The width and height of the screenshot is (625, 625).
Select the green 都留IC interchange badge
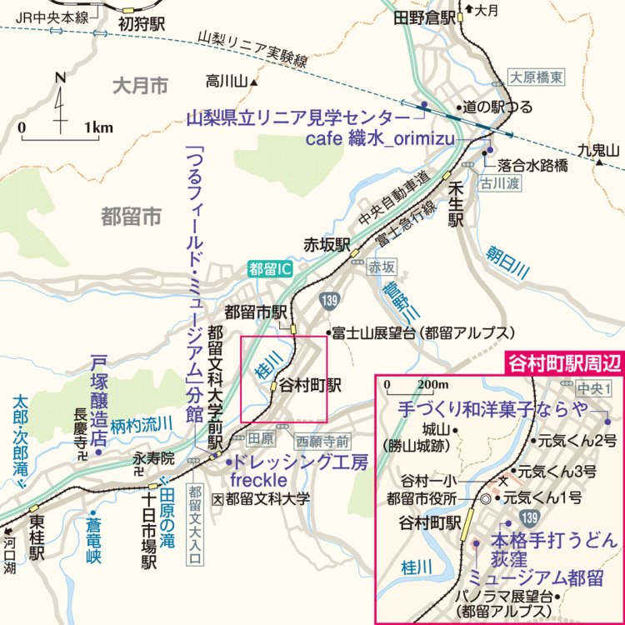click(272, 269)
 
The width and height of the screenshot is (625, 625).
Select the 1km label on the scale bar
click(98, 127)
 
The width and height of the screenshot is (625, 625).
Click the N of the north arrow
click(59, 77)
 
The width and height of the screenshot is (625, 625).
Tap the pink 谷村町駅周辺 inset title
click(565, 363)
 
